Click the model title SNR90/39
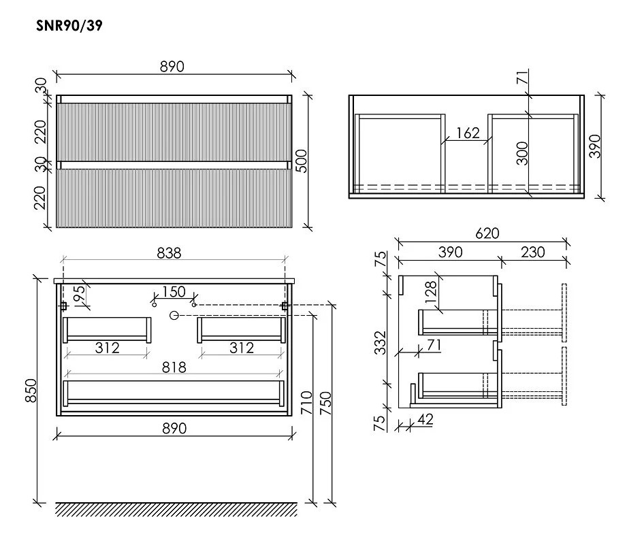coord(69,26)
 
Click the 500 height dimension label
coord(302,161)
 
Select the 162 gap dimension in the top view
coord(468,133)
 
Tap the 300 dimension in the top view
coord(522,153)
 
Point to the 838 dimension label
coord(169,253)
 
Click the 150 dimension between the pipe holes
coord(174,291)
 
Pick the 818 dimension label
coord(174,367)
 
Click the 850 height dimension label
coord(31,391)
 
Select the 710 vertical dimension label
coord(306,403)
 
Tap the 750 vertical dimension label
coord(326,403)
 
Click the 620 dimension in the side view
coord(487,233)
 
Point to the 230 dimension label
coord(532,252)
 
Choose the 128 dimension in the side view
coord(431,292)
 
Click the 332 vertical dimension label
coord(380,343)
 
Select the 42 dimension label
coord(425,419)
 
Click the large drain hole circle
coord(174,316)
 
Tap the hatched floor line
coord(176,510)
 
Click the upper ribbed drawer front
coord(174,132)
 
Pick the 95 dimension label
coord(79,293)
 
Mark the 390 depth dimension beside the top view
coord(594,146)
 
